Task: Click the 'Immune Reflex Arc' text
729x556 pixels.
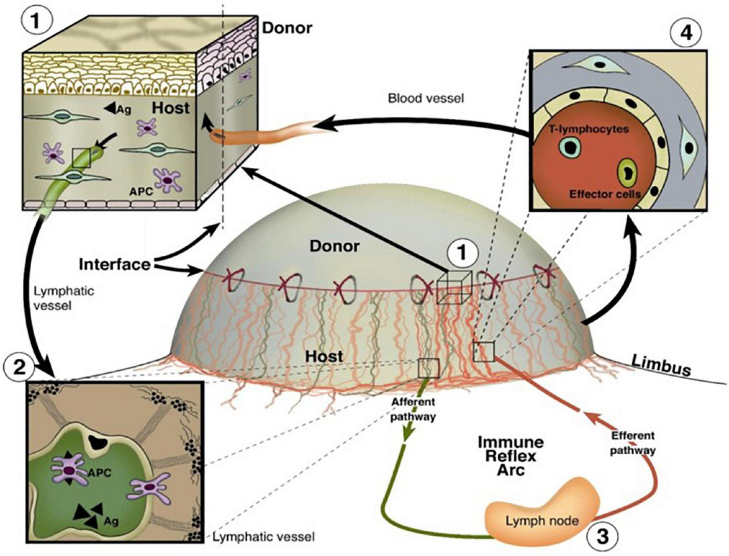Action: (x=511, y=456)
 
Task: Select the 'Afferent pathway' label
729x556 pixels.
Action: (x=413, y=409)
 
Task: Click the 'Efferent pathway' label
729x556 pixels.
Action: (x=633, y=443)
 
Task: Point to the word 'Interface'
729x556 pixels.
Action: (x=115, y=265)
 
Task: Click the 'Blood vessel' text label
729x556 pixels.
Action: (x=426, y=98)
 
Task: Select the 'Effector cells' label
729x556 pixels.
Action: (x=604, y=193)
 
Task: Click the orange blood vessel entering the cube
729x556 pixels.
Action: (x=260, y=132)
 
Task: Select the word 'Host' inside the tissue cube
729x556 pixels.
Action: (x=171, y=107)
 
